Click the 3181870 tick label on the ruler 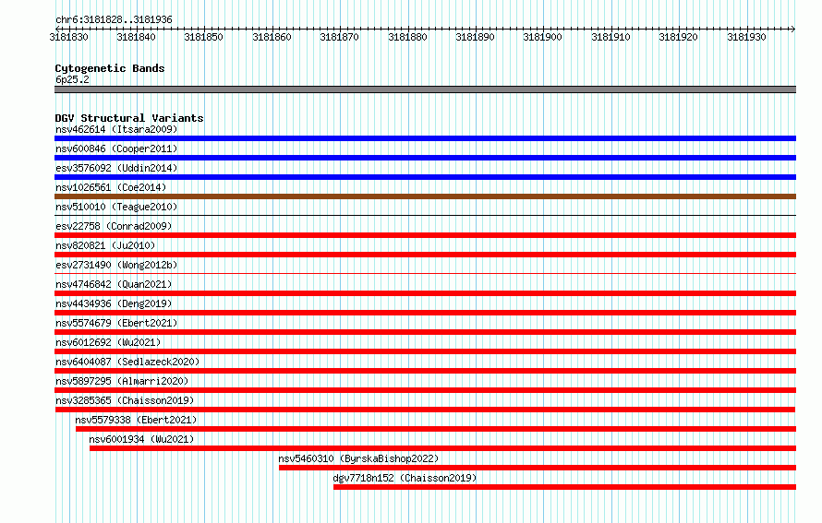point(339,37)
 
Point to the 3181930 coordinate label point(746,37)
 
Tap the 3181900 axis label point(542,37)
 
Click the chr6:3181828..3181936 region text point(114,20)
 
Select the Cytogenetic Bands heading point(110,68)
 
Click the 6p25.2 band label point(72,79)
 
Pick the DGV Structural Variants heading point(129,118)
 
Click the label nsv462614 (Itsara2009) point(116,129)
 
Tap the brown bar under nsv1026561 point(425,196)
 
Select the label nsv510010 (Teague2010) point(116,207)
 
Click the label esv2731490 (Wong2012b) point(116,265)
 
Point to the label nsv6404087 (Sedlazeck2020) point(127,362)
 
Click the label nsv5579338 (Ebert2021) point(136,420)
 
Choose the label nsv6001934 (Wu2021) point(141,439)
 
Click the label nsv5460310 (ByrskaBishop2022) point(358,458)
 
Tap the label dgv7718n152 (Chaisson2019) point(405,478)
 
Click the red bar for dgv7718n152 point(564,487)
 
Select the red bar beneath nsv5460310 point(538,468)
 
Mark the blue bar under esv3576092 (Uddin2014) point(425,177)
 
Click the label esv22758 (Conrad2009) point(114,226)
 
